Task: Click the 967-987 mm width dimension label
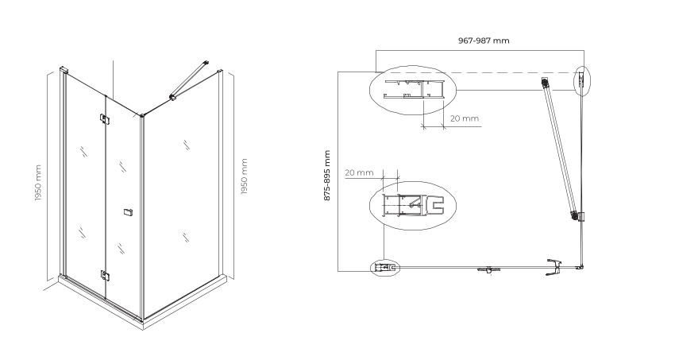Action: point(484,41)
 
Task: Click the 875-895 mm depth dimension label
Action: point(327,176)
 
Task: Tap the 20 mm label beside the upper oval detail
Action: point(465,118)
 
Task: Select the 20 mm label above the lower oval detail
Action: point(359,172)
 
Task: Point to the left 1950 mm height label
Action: point(38,183)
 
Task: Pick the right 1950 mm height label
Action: point(244,176)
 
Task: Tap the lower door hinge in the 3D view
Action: point(105,275)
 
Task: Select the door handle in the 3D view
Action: point(127,212)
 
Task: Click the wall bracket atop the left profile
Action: point(64,69)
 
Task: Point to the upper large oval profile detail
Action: point(413,90)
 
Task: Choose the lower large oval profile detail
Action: point(413,205)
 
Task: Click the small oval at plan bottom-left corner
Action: point(385,268)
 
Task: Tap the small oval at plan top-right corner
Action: point(582,80)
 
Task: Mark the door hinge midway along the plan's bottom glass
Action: point(488,270)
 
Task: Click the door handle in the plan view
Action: point(554,267)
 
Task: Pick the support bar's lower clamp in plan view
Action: point(577,216)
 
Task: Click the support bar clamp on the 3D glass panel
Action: point(173,98)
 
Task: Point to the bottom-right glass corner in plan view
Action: point(581,267)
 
